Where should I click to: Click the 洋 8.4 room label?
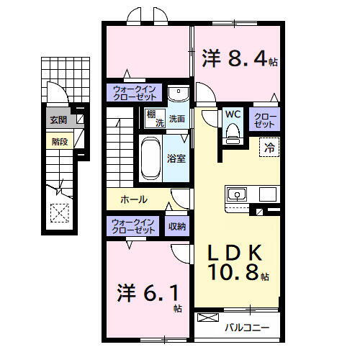[x=238, y=59]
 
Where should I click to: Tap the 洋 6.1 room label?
[x=148, y=296]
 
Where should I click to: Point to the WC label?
[x=232, y=114]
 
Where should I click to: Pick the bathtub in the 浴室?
[x=151, y=158]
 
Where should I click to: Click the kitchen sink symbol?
[x=237, y=194]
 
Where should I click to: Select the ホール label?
[x=134, y=199]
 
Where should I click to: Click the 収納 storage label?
[x=177, y=226]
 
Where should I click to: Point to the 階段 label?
[x=59, y=141]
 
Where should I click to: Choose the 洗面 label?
[x=177, y=119]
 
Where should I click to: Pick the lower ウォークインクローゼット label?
[x=133, y=225]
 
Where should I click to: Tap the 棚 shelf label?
[x=152, y=114]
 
